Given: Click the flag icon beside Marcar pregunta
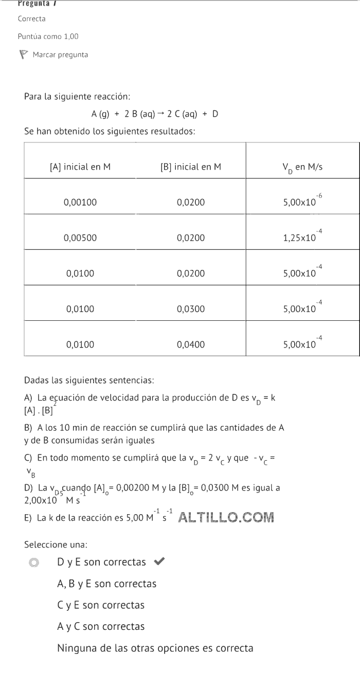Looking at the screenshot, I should tap(23, 54).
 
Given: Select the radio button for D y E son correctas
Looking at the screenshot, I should tap(34, 562).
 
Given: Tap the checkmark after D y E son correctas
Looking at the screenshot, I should tap(159, 562).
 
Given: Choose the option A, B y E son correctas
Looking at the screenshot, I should tap(106, 584).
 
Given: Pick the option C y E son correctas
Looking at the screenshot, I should tap(101, 605).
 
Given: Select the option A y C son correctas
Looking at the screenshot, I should tap(101, 626).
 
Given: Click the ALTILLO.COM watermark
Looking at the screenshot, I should tap(226, 517).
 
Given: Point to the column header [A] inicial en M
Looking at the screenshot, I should tap(80, 167).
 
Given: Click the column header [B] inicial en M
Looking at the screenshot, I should tap(191, 167).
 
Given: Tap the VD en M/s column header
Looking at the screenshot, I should tap(302, 167).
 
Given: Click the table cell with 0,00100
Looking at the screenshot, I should tap(80, 202).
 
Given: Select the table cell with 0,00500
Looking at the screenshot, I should tap(80, 238).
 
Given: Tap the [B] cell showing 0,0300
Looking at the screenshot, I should tap(191, 309).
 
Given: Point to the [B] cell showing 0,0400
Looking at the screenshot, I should tap(191, 344).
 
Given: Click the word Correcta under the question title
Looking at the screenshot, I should tap(31, 19).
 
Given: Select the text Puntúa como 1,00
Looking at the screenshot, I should tap(48, 37).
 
